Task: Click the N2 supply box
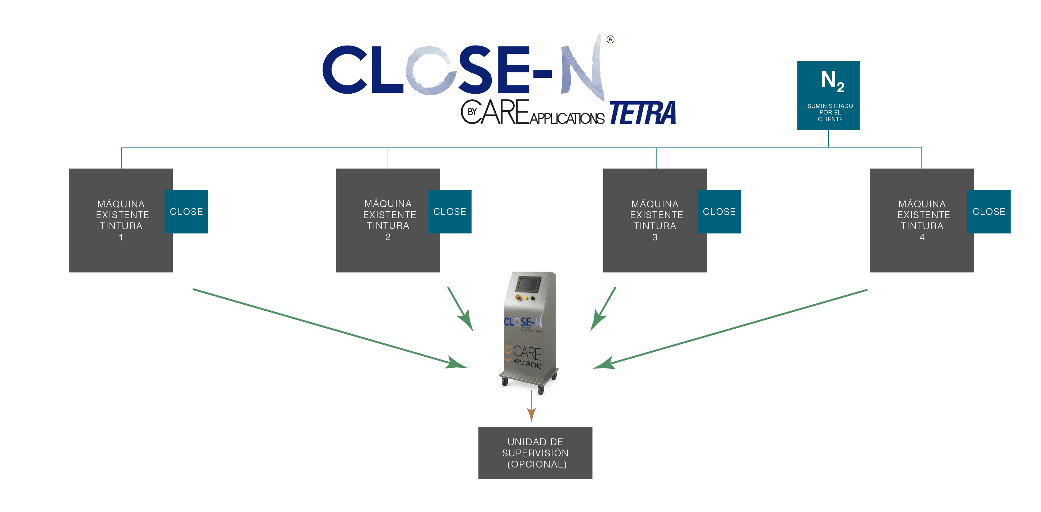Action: [828, 95]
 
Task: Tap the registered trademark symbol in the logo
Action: [610, 39]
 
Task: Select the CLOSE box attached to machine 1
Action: [186, 212]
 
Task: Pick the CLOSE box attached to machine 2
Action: [449, 212]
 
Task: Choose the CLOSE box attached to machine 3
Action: [719, 212]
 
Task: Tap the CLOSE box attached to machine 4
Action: [989, 212]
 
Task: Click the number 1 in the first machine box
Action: [121, 238]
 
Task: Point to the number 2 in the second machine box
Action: [388, 237]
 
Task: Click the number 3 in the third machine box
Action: [654, 238]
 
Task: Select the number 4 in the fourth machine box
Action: [922, 238]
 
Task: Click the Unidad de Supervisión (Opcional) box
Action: [535, 453]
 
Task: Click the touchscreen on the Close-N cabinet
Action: [528, 284]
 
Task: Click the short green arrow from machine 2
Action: [460, 309]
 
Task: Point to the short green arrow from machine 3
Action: [603, 309]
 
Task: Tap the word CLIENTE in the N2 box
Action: [830, 119]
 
